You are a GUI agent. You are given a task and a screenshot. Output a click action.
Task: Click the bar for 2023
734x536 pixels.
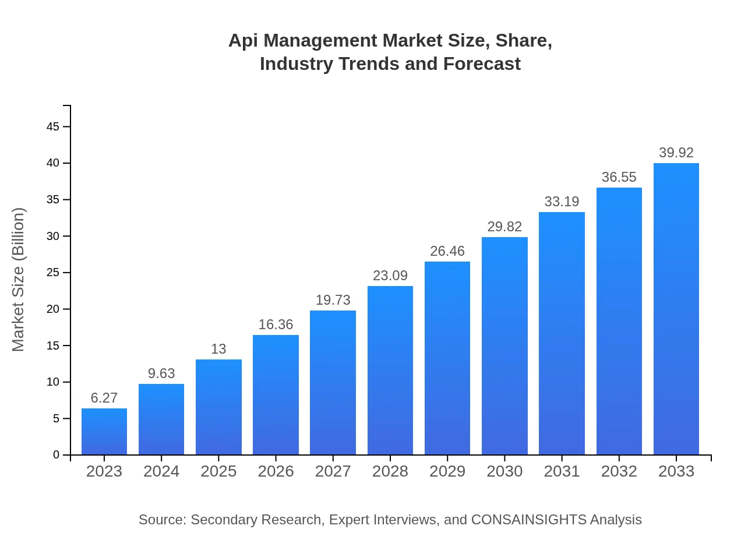pyautogui.click(x=104, y=432)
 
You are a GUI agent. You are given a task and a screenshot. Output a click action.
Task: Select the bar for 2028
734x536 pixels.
pyautogui.click(x=390, y=371)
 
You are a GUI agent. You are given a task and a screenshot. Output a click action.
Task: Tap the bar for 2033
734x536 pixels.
pyautogui.click(x=676, y=309)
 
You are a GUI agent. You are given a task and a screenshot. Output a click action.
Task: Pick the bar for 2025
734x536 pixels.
pyautogui.click(x=218, y=407)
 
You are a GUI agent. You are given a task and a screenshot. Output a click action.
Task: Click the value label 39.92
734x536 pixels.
pyautogui.click(x=676, y=153)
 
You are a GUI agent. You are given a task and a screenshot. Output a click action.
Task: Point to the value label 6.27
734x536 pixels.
pyautogui.click(x=104, y=398)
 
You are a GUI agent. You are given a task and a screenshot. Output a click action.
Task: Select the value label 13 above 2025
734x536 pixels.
pyautogui.click(x=218, y=349)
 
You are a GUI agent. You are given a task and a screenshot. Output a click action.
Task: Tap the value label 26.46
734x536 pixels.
pyautogui.click(x=447, y=251)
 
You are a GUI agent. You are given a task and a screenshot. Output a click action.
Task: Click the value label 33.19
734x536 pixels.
pyautogui.click(x=562, y=202)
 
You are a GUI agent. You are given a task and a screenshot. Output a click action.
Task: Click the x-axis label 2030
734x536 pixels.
pyautogui.click(x=504, y=471)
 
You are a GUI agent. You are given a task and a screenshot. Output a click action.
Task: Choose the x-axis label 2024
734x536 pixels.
pyautogui.click(x=161, y=471)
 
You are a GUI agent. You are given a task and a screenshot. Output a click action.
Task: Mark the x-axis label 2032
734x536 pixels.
pyautogui.click(x=619, y=471)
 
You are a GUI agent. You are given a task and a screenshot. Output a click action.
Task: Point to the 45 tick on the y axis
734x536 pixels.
pyautogui.click(x=53, y=126)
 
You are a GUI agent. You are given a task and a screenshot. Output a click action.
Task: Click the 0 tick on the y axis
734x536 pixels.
pyautogui.click(x=57, y=455)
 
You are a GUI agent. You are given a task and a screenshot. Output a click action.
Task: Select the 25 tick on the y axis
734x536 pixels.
pyautogui.click(x=53, y=273)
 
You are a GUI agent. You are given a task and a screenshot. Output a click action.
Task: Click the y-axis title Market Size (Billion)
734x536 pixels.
pyautogui.click(x=19, y=280)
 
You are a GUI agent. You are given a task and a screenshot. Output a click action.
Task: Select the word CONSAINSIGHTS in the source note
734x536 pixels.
pyautogui.click(x=528, y=520)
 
